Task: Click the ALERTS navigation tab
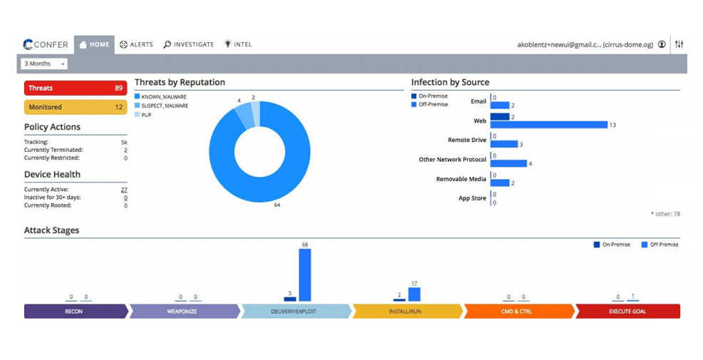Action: pos(136,44)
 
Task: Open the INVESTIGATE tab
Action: pos(188,44)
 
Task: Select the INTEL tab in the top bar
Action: pos(238,44)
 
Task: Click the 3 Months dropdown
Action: pos(44,63)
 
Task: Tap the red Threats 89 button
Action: pos(76,88)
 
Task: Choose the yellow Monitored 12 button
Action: pos(76,107)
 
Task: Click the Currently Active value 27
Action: pos(124,190)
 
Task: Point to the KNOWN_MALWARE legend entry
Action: pos(160,97)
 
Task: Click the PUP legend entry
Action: pos(143,115)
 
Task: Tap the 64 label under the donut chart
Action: pos(277,205)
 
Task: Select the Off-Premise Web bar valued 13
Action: pos(549,125)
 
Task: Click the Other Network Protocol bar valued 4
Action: pos(508,164)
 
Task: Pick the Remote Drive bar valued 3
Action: pos(504,144)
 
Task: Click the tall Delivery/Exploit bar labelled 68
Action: pos(305,275)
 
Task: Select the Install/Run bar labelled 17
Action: pos(414,294)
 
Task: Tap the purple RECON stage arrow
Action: pos(76,311)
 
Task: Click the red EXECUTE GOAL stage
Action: pos(627,311)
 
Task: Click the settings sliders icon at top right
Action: pos(679,44)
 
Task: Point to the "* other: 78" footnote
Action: pos(665,214)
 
